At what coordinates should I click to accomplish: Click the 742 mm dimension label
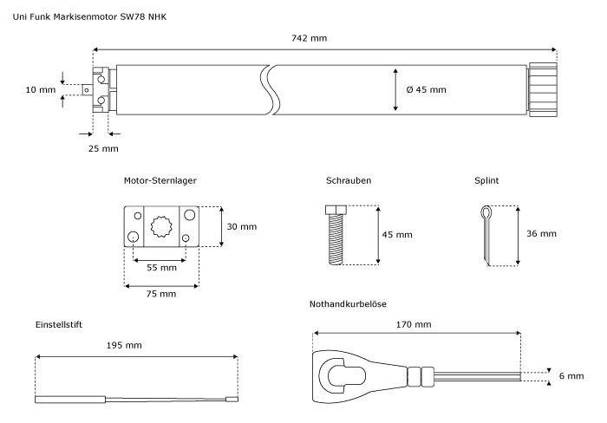pos(309,38)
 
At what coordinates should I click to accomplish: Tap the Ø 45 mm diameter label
pos(427,89)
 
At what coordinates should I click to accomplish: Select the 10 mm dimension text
pos(41,90)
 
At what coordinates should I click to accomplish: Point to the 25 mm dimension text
pos(103,148)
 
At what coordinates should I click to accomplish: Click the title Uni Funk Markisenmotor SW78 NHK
pos(90,16)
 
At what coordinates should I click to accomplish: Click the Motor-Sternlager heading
pos(160,180)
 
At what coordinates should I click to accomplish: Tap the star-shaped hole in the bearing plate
pos(161,226)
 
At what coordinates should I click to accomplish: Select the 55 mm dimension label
pos(161,268)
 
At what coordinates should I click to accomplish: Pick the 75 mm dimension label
pos(161,294)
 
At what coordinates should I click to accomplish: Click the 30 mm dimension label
pos(242,226)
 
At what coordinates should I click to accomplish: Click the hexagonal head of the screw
pos(336,210)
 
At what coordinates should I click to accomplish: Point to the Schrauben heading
pos(349,180)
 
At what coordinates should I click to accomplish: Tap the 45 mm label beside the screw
pos(397,235)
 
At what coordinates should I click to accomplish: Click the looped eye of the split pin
pos(486,212)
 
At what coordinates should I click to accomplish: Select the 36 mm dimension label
pos(541,233)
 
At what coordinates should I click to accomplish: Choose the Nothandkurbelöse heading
pos(348,303)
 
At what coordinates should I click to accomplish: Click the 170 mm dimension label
pos(414,324)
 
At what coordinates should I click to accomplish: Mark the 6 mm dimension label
pos(571,376)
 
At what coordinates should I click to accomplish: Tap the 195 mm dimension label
pos(124,345)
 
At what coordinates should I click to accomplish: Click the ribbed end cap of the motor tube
pos(543,90)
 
